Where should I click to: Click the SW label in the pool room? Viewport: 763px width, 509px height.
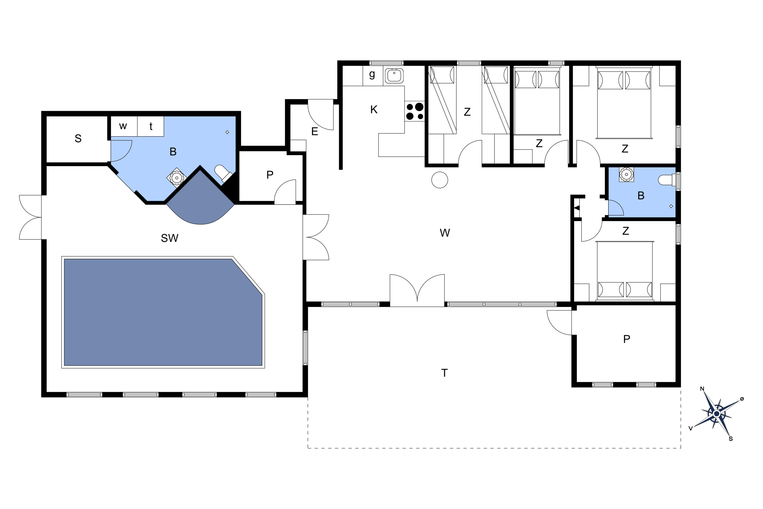click(x=169, y=238)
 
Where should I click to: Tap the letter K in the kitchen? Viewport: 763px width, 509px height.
click(x=374, y=110)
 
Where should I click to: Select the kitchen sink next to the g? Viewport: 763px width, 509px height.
click(x=394, y=76)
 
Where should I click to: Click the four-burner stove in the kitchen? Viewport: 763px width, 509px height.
click(x=415, y=111)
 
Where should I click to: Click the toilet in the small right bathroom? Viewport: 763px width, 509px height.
click(x=668, y=180)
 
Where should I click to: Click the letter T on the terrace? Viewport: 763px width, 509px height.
click(x=444, y=373)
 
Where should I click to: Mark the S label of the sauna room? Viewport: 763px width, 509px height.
click(x=78, y=139)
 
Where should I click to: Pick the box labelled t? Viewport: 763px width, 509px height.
click(x=151, y=126)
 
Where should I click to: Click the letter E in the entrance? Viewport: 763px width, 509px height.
click(x=314, y=132)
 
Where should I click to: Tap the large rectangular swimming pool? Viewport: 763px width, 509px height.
click(x=163, y=312)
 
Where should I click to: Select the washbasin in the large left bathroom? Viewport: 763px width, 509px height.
click(x=177, y=178)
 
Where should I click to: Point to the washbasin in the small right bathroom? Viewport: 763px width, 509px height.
click(x=626, y=175)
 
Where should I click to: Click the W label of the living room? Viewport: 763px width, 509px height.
click(x=445, y=233)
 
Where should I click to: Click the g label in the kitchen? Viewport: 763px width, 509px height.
click(x=372, y=74)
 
